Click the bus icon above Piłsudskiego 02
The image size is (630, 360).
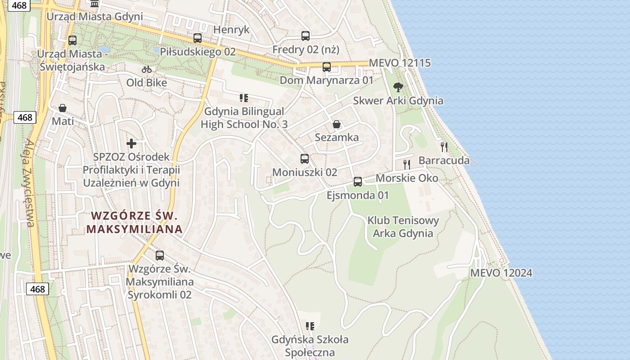pos(197,38)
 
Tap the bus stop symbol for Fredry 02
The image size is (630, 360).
pos(306,36)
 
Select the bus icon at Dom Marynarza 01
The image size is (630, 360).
pos(327,67)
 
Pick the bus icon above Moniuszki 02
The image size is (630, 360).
pos(305,159)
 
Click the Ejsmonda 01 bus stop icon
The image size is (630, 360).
pos(358,182)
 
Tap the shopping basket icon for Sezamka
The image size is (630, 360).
pos(336,124)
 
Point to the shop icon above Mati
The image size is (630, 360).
pos(63,108)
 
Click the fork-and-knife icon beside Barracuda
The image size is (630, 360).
pos(444,147)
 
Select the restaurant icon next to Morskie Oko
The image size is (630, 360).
pos(407,164)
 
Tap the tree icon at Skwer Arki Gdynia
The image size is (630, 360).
pos(398,87)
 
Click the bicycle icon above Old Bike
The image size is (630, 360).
pos(147,69)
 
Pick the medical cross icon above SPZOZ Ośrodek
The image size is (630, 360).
pos(131,144)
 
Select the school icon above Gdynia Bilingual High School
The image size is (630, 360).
pos(244,98)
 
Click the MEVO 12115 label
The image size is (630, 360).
pos(400,63)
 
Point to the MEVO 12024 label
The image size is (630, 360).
pos(501,273)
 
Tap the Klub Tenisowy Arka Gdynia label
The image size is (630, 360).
pos(403,227)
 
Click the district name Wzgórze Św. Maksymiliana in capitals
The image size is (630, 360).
pos(135,222)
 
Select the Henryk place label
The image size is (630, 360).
pos(231,30)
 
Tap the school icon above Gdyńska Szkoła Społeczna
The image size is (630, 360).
pos(310,326)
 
